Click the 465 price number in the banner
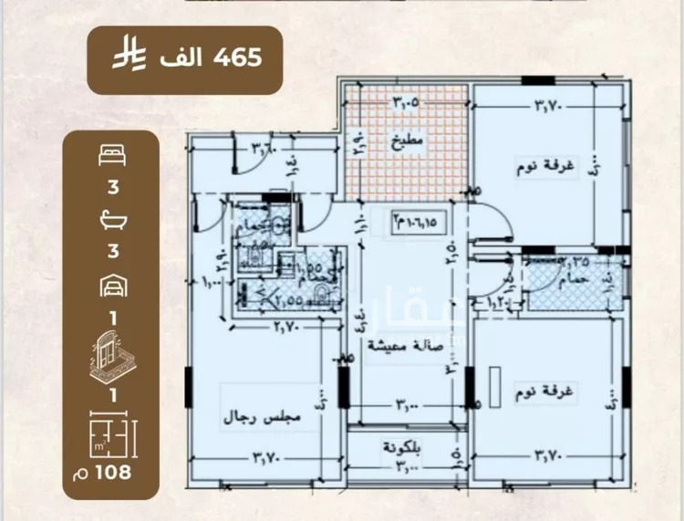(x=236, y=57)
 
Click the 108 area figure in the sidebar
(x=111, y=472)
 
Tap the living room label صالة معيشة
(x=399, y=345)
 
